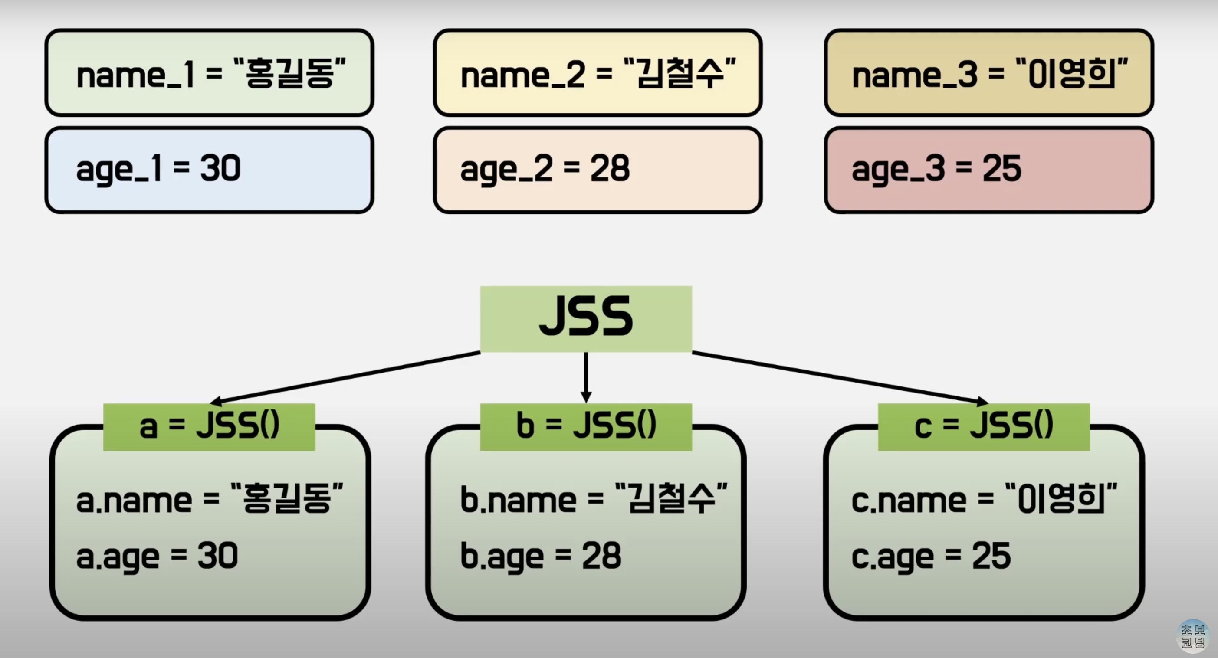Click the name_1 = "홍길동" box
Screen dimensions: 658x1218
click(x=210, y=73)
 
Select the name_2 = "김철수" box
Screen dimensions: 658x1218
click(x=598, y=73)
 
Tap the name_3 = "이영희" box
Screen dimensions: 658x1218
click(x=989, y=73)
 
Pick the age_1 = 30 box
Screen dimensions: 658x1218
click(x=210, y=170)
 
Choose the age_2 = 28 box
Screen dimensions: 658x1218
click(x=598, y=170)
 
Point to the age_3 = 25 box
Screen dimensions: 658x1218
click(x=989, y=170)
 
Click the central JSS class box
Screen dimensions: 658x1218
click(x=586, y=319)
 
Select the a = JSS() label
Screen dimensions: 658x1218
click(x=209, y=426)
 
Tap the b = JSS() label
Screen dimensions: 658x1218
click(x=586, y=426)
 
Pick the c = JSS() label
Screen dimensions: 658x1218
click(x=984, y=426)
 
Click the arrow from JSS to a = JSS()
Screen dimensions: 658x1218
click(x=345, y=377)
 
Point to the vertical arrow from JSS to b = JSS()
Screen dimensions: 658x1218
click(x=586, y=376)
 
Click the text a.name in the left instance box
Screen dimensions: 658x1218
click(x=134, y=500)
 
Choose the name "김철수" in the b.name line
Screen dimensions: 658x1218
click(x=671, y=498)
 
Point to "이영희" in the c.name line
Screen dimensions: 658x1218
click(x=1061, y=498)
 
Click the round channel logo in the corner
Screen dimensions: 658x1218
click(x=1192, y=636)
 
